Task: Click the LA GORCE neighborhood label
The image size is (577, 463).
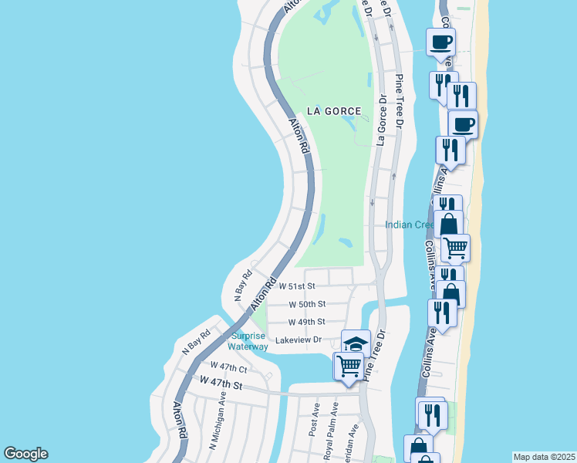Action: (334, 111)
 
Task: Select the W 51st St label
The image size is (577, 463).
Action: (297, 286)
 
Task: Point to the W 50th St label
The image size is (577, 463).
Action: (307, 304)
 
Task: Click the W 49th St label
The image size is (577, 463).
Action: (306, 322)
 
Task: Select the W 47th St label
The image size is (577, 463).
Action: (221, 382)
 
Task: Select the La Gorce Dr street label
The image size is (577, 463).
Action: (380, 120)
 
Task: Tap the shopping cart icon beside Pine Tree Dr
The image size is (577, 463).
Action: (349, 365)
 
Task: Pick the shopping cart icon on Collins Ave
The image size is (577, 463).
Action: (455, 248)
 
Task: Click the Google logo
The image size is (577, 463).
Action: (25, 454)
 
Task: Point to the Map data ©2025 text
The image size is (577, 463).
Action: (543, 457)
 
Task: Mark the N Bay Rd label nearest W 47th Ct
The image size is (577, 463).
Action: (196, 343)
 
